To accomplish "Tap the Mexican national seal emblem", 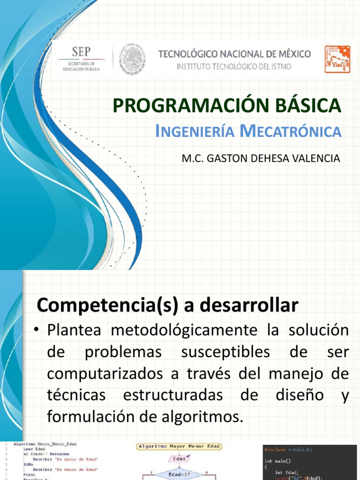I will pos(132,59).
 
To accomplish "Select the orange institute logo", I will pos(337,59).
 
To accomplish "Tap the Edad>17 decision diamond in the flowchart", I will pos(179,474).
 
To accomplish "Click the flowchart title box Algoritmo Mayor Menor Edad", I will pos(180,447).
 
